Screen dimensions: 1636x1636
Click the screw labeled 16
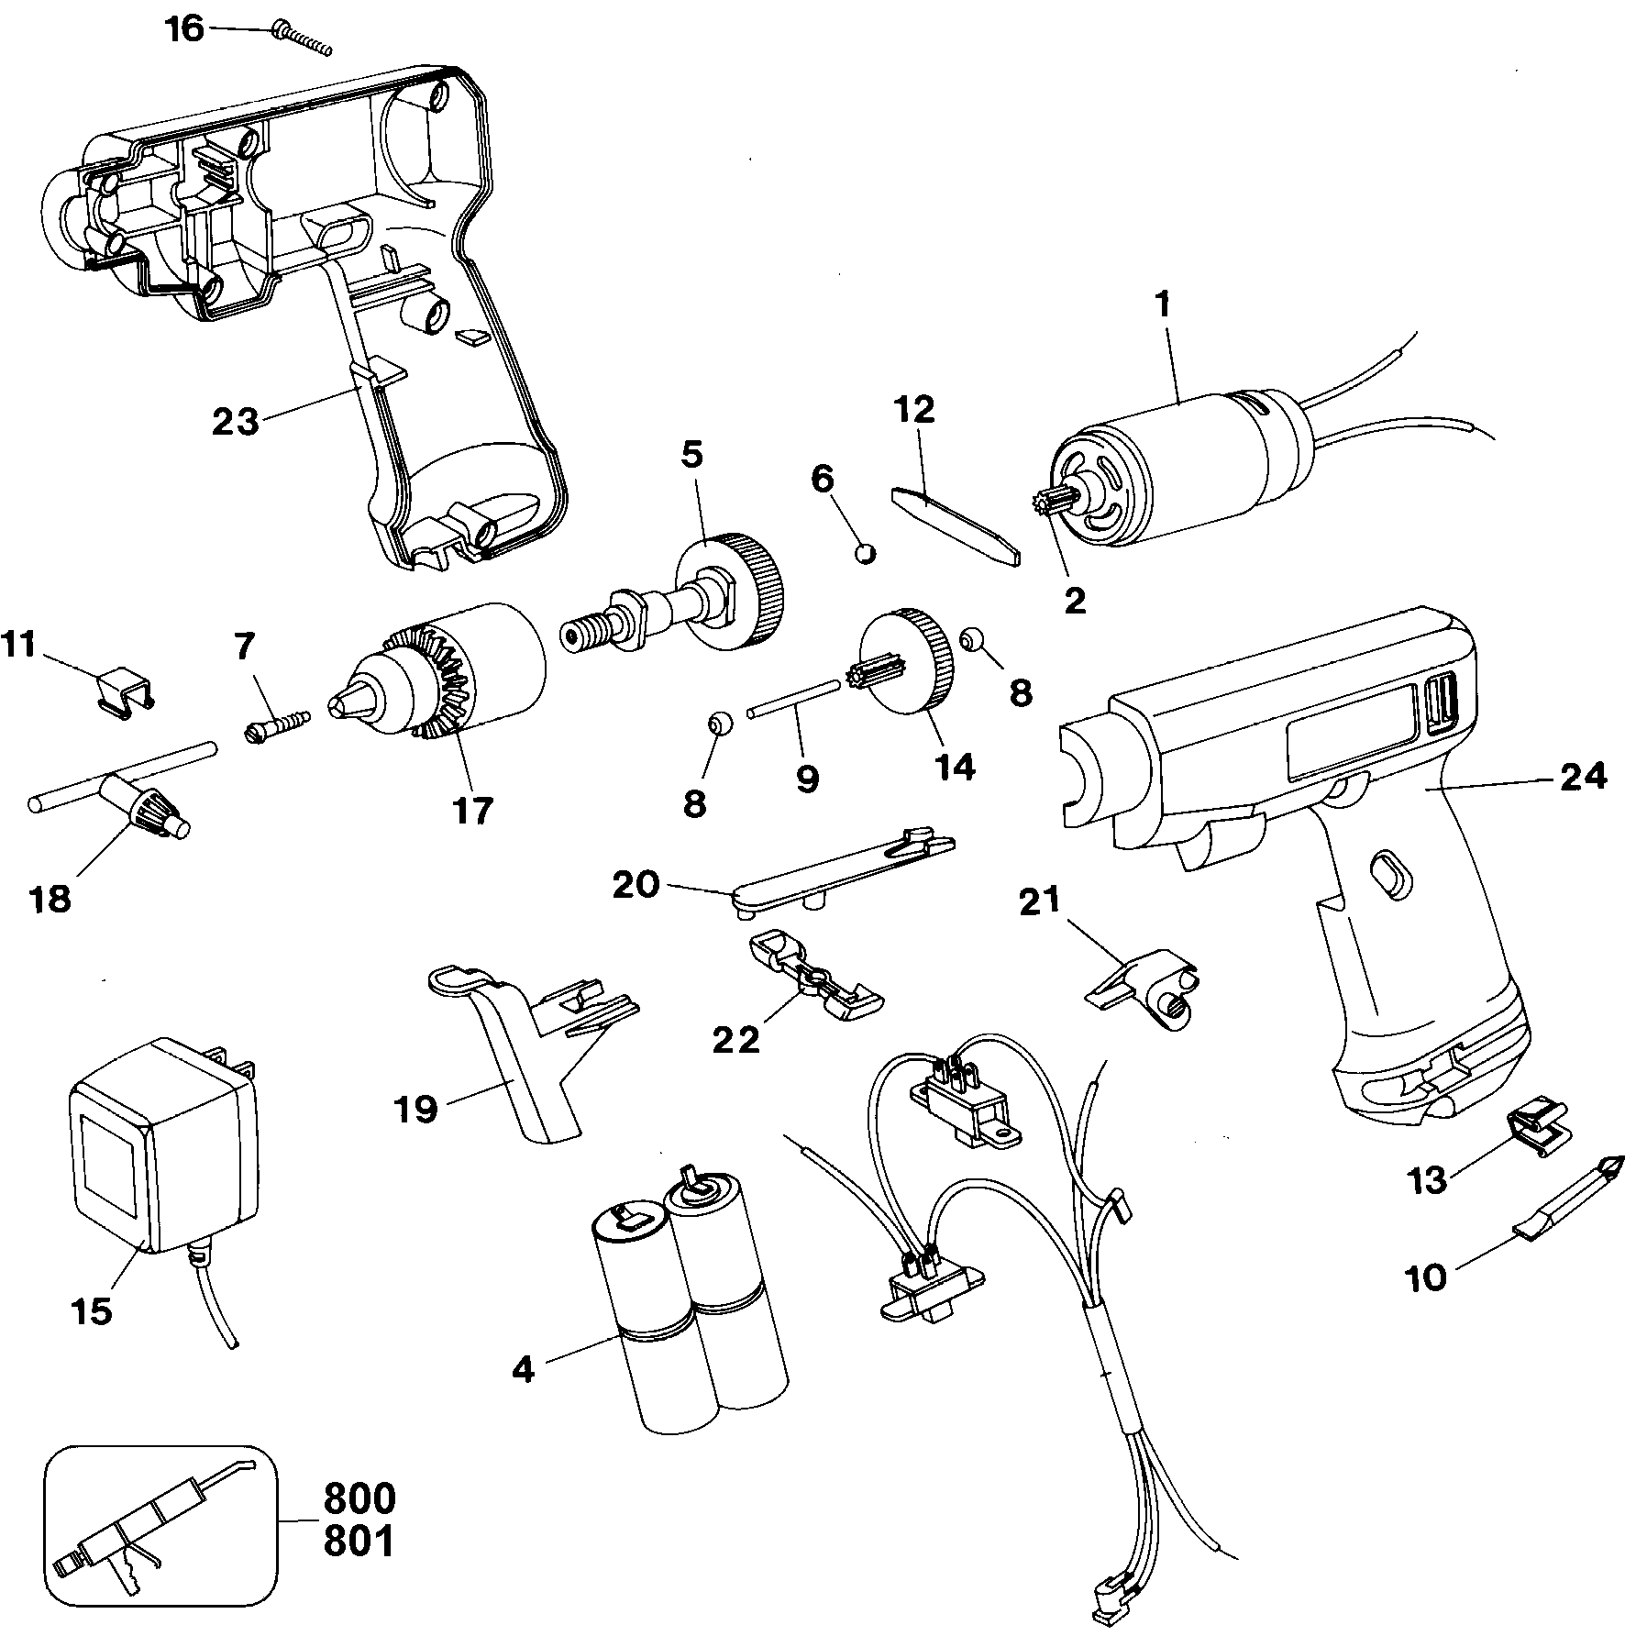pyautogui.click(x=300, y=41)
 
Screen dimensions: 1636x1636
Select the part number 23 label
pyautogui.click(x=236, y=423)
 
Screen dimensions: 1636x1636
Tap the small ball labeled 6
pyautogui.click(x=865, y=552)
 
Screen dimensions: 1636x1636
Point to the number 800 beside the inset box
pyautogui.click(x=359, y=1498)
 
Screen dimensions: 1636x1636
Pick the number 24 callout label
pyautogui.click(x=1581, y=777)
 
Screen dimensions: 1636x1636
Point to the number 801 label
pyautogui.click(x=359, y=1542)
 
